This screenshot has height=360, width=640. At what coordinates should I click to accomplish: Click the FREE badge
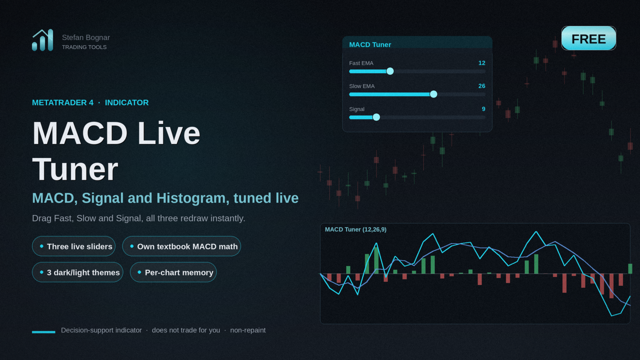click(x=588, y=38)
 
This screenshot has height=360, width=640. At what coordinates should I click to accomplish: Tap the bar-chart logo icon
click(x=42, y=40)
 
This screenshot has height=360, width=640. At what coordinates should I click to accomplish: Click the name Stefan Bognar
click(x=85, y=37)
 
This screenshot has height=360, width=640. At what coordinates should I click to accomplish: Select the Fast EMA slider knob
click(x=390, y=71)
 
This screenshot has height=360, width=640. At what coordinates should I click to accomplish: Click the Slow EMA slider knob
click(x=433, y=94)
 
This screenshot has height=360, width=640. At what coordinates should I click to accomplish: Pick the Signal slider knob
click(x=376, y=117)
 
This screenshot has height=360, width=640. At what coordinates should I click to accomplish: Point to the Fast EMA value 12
click(x=481, y=63)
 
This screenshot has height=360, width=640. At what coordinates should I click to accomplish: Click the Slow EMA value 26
click(x=481, y=86)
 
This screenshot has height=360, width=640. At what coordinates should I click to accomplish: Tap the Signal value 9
click(x=483, y=109)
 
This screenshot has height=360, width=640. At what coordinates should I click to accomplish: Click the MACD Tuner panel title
click(x=370, y=44)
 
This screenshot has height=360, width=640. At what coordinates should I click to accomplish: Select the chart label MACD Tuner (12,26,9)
click(x=355, y=229)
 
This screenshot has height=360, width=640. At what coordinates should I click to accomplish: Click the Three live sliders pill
click(x=73, y=246)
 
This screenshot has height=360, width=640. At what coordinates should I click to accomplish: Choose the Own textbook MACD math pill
click(x=181, y=246)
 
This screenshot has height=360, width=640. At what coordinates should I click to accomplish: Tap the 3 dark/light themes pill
click(x=77, y=272)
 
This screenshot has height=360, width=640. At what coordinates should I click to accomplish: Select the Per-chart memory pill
click(x=173, y=272)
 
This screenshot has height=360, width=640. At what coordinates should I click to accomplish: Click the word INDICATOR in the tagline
click(x=126, y=102)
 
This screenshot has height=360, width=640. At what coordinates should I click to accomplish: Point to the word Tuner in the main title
click(x=75, y=169)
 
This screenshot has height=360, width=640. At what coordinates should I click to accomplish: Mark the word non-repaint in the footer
click(x=247, y=330)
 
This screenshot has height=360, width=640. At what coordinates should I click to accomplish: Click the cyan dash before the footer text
click(x=43, y=332)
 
